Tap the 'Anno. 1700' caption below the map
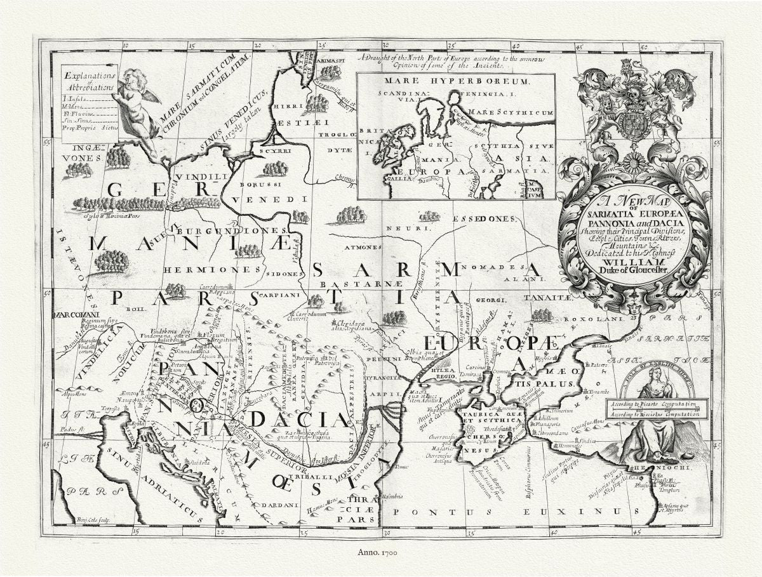click(x=380, y=554)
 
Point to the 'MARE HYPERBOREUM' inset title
click(x=455, y=82)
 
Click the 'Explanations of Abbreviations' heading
click(x=89, y=82)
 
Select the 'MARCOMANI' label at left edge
click(x=76, y=314)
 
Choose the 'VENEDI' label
click(x=269, y=199)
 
